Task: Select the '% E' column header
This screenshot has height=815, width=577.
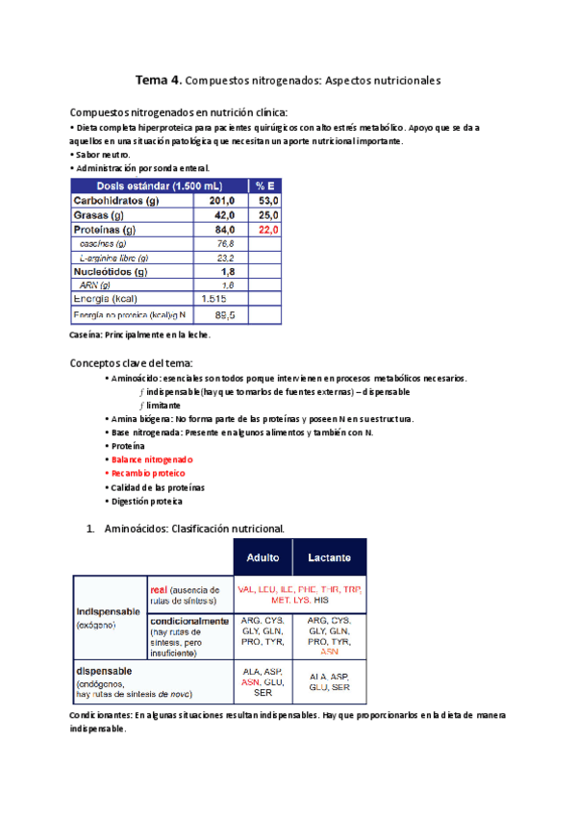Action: tap(264, 185)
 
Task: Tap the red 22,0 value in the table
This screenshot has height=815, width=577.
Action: tap(266, 231)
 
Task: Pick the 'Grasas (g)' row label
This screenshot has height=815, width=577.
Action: tap(98, 216)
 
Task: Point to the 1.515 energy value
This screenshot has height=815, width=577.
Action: tap(216, 300)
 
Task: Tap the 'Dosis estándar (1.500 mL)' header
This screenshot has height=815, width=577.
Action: tap(159, 185)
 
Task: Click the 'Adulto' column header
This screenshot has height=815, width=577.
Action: tap(263, 557)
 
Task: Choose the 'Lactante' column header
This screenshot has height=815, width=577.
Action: tap(329, 557)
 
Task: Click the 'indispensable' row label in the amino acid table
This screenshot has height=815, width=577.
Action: tap(108, 610)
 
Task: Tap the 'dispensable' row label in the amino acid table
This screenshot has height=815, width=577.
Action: tap(105, 670)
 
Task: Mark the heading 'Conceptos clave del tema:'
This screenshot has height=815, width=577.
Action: tap(132, 362)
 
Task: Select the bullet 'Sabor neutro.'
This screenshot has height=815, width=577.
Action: tap(103, 154)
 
